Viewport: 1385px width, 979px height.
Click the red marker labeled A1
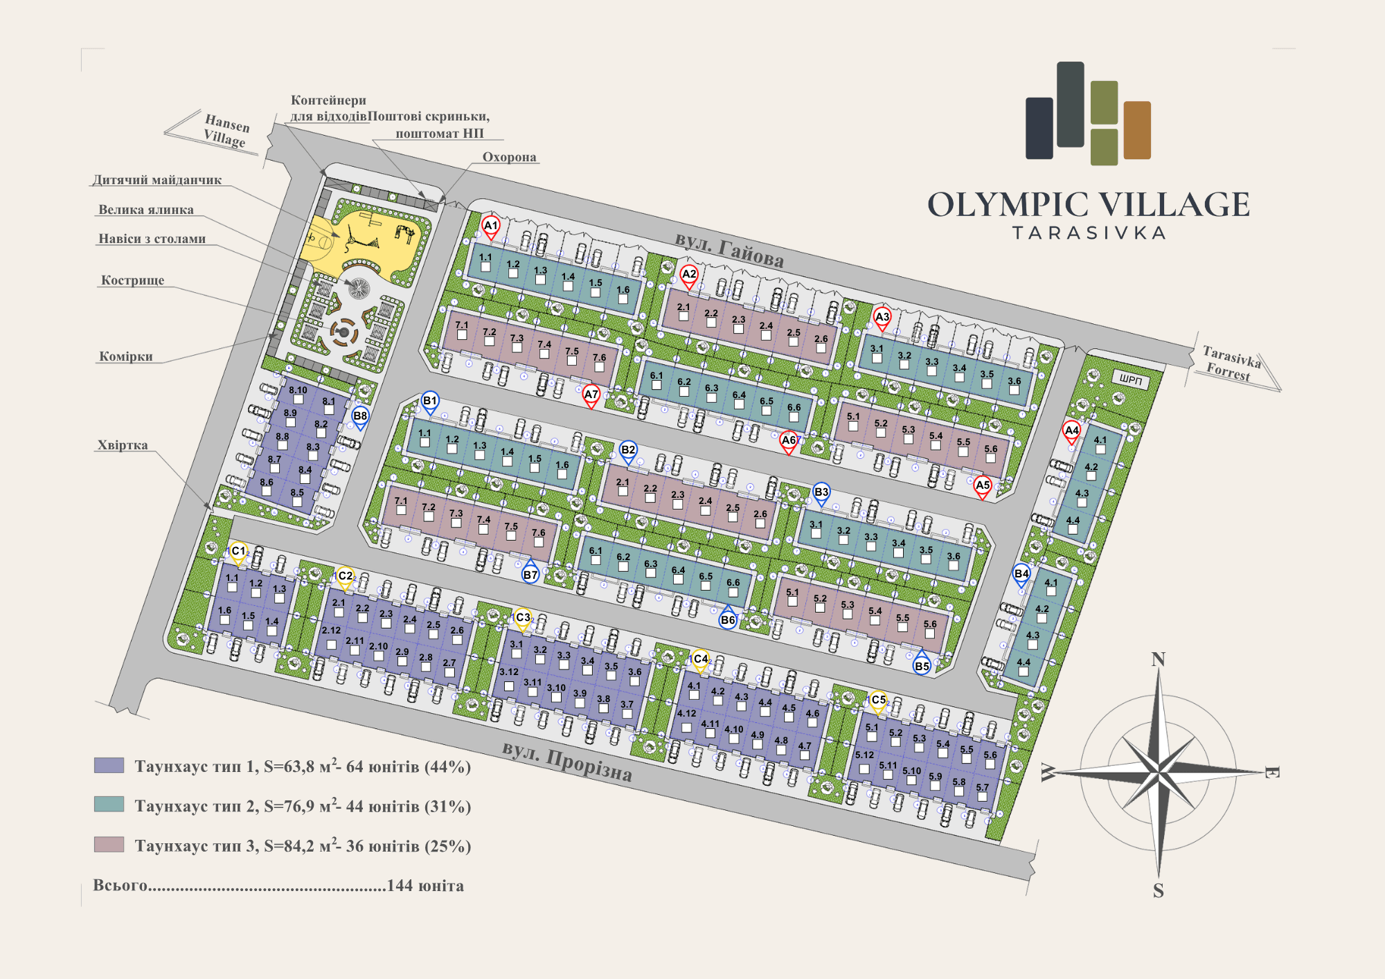pos(491,228)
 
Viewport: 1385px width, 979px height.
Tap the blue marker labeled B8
pos(360,418)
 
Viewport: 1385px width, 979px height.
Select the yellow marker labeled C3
pos(523,620)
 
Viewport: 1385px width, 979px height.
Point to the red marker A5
pos(983,487)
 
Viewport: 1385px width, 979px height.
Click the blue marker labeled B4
pos(1021,575)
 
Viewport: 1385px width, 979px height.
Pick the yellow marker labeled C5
pos(878,702)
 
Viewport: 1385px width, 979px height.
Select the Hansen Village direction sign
pos(226,130)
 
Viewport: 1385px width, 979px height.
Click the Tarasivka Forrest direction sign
pos(1231,364)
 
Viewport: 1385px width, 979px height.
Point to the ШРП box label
pos(1131,379)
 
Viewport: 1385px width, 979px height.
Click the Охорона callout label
pos(509,157)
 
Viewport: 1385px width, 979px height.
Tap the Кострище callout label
pos(132,280)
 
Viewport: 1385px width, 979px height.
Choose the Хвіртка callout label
pos(123,445)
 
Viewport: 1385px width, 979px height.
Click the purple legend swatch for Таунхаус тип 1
pos(109,765)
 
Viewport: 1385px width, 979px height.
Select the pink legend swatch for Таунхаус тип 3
pos(109,845)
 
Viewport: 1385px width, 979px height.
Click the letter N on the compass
pos(1158,660)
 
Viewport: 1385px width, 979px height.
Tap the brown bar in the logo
pos(1137,130)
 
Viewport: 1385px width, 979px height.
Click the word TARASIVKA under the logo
pos(1089,233)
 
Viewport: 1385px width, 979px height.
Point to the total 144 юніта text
pos(425,886)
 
